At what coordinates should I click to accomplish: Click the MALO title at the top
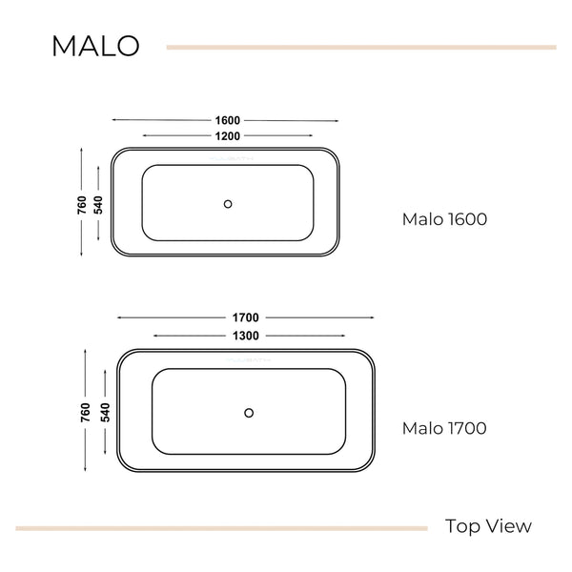(95, 46)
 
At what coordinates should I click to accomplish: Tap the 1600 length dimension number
(227, 120)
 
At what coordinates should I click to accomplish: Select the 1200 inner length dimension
(227, 136)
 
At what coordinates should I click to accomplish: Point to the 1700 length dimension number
(246, 317)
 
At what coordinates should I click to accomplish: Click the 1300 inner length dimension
(246, 336)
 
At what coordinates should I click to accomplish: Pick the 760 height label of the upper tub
(82, 205)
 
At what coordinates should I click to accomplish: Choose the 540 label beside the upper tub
(98, 205)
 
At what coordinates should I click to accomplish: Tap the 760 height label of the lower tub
(85, 413)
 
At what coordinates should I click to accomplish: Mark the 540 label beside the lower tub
(105, 413)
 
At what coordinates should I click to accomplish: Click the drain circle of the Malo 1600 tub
(228, 204)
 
